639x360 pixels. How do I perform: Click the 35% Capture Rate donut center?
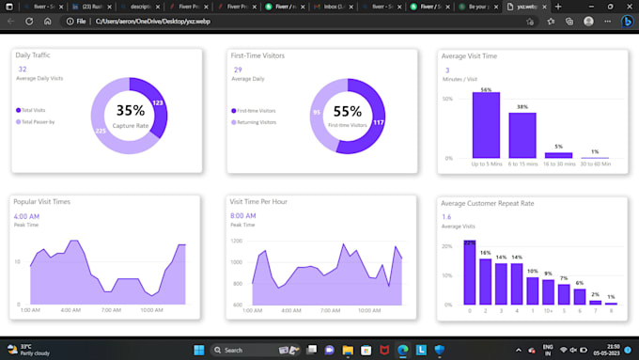coord(131,115)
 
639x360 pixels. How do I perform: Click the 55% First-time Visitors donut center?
coord(347,115)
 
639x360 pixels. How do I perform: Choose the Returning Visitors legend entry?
coord(256,122)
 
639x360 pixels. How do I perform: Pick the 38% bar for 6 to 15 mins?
coord(522,134)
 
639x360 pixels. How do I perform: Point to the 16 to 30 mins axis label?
coord(558,164)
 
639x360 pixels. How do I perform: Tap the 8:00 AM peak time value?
coord(243,216)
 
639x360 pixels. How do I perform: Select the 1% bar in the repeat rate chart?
coord(611,303)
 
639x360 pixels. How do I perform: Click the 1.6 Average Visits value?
coord(446,216)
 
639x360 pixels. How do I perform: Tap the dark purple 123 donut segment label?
coord(158,103)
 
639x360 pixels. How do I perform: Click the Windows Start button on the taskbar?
coord(198,350)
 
